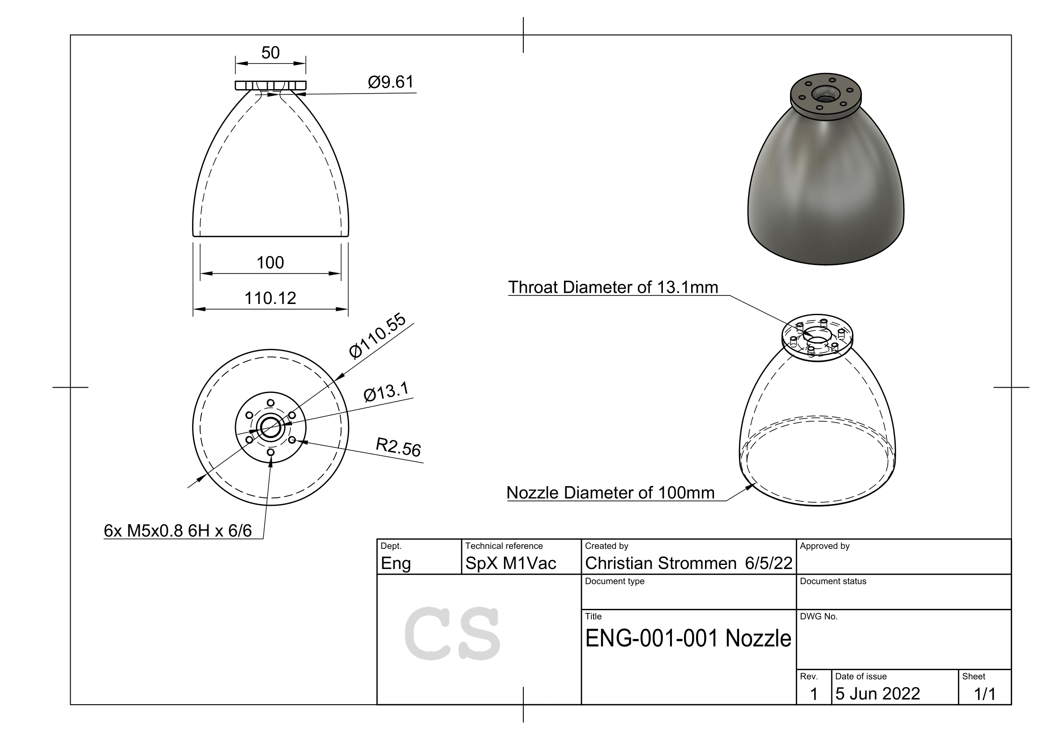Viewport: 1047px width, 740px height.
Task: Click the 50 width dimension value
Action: pos(270,53)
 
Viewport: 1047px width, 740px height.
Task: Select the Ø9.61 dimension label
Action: pos(390,82)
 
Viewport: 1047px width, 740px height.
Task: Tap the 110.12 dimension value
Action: pos(270,298)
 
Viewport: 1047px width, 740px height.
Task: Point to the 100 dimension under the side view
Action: pos(270,263)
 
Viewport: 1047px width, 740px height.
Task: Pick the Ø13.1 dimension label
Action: pos(387,392)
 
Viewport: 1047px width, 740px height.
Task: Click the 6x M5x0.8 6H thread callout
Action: pos(178,531)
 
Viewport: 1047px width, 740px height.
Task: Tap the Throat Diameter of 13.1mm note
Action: pos(613,287)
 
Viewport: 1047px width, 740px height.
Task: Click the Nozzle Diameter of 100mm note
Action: pos(610,493)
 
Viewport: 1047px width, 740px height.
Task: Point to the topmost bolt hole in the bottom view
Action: pos(270,403)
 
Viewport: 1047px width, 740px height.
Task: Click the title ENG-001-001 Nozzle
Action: pos(688,638)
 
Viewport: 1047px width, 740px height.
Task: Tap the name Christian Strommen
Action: pos(660,564)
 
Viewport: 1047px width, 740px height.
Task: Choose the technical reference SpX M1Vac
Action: pos(510,564)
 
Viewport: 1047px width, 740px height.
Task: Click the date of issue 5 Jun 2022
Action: pos(877,693)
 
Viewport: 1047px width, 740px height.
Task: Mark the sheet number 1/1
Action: pos(984,694)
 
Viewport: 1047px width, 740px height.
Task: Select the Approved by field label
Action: pos(825,546)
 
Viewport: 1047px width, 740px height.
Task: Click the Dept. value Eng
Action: pos(395,564)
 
